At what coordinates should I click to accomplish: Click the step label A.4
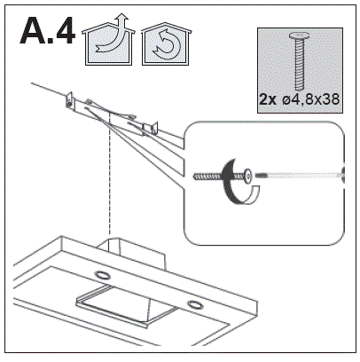pos(47,31)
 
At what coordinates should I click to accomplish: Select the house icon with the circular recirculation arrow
pos(166,43)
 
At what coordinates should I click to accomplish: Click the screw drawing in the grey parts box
pos(300,61)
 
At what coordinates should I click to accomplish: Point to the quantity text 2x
pos(268,99)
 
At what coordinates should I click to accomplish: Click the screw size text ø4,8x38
pos(310,99)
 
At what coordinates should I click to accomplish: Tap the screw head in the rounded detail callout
pos(247,177)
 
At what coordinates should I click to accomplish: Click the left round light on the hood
pos(101,275)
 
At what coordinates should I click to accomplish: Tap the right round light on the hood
pos(193,304)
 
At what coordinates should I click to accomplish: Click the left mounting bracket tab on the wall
pos(69,100)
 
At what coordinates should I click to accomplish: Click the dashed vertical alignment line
pos(110,175)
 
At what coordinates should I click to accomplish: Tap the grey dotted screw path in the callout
pos(299,176)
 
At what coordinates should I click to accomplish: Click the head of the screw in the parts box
pos(300,36)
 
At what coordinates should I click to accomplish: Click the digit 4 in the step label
pos(63,31)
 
